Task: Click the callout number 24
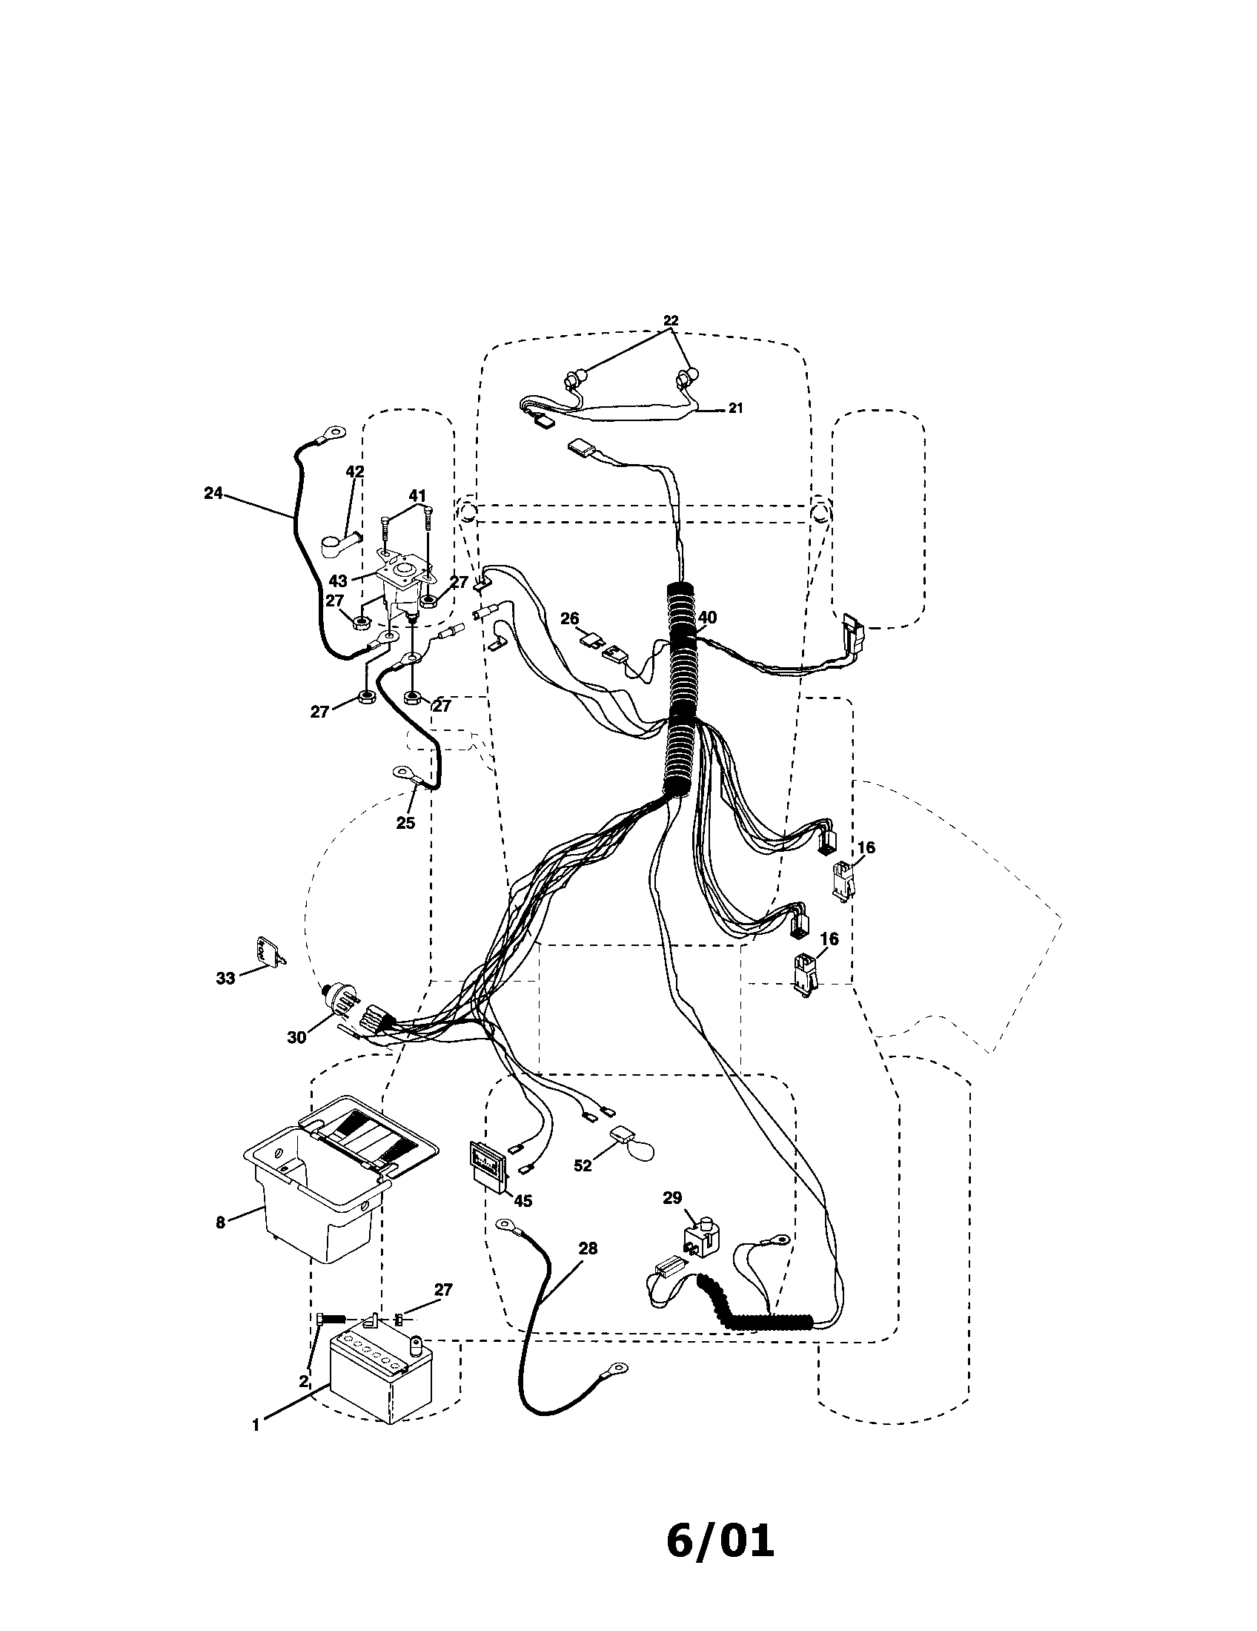[213, 493]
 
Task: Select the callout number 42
[354, 472]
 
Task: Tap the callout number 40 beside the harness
[707, 617]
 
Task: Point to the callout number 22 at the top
[670, 320]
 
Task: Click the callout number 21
[736, 408]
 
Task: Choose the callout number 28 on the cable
[588, 1248]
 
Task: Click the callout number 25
[405, 823]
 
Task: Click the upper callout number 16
[866, 847]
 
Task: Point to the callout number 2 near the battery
[303, 1382]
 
